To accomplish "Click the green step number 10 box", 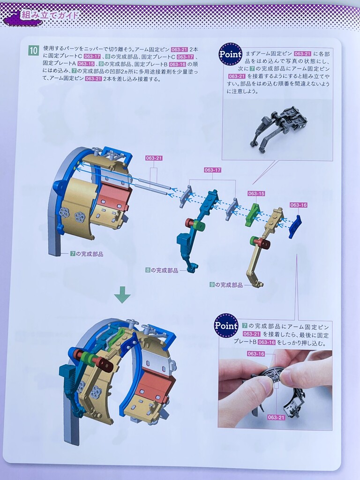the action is point(33,50).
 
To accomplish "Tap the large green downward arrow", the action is point(122,294).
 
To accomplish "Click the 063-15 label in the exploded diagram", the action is point(256,194).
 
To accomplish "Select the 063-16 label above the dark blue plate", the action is point(299,205).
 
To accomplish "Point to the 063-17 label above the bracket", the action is point(213,170).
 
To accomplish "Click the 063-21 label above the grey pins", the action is point(154,158).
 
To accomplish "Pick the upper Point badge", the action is point(231,54).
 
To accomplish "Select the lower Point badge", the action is point(226,325).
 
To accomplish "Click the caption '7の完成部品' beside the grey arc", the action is point(87,254).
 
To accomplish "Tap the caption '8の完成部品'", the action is point(162,270).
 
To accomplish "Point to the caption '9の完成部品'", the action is point(226,285).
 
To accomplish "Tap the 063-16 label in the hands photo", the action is point(256,354).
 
